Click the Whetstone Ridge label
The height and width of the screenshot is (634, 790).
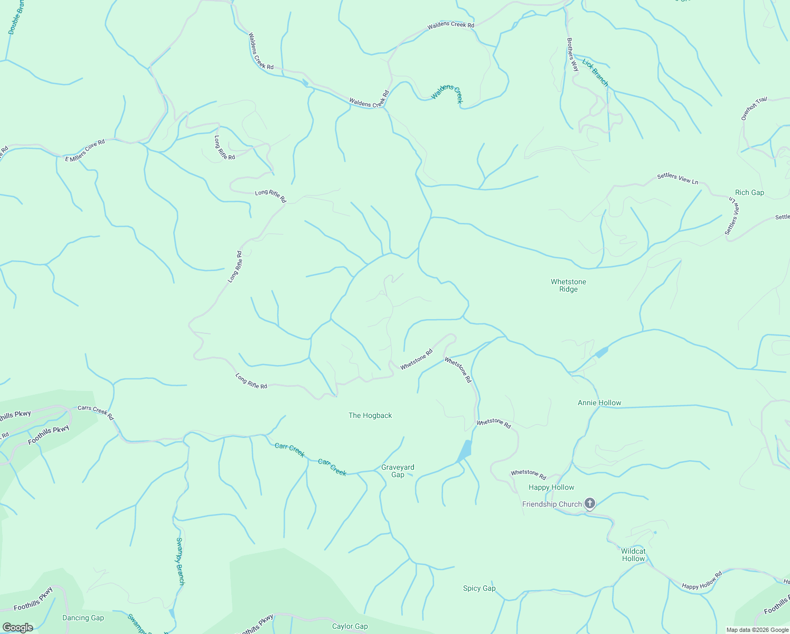point(568,285)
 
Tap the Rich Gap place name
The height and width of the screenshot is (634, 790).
point(749,193)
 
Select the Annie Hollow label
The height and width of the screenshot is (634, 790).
point(599,403)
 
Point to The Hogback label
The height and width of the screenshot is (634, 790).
point(370,416)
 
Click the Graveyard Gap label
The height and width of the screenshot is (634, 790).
point(398,471)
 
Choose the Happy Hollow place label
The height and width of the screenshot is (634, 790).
point(551,487)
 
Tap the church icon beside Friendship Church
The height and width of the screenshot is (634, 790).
point(590,504)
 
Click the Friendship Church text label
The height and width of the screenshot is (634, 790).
point(552,504)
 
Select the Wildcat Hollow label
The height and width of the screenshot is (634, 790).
point(633,555)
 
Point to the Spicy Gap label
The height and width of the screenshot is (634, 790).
point(479,588)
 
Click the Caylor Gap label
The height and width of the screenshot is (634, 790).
point(350,626)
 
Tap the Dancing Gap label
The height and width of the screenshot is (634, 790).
point(83,618)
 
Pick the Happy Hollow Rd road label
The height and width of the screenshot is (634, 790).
point(701,581)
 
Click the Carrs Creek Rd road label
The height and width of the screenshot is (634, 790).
point(96,413)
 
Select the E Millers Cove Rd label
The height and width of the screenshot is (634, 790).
point(85,151)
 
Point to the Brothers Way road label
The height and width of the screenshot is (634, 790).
point(572,54)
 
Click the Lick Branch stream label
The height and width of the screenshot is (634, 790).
point(595,72)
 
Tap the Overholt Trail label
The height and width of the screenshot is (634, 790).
point(754,109)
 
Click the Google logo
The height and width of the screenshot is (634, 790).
point(17,628)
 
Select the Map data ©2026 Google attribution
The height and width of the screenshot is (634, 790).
point(756,630)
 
